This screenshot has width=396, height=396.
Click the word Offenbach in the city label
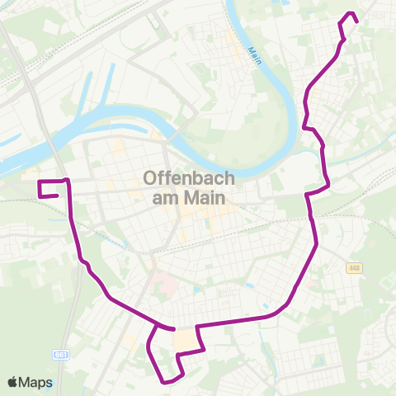tap(189, 177)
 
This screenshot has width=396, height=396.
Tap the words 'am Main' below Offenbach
tap(189, 198)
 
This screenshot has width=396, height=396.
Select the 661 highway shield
tap(61, 355)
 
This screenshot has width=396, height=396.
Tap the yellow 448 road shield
tap(354, 267)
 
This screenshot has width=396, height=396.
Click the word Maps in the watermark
tap(36, 382)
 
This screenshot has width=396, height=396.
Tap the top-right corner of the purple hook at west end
tap(66, 179)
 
